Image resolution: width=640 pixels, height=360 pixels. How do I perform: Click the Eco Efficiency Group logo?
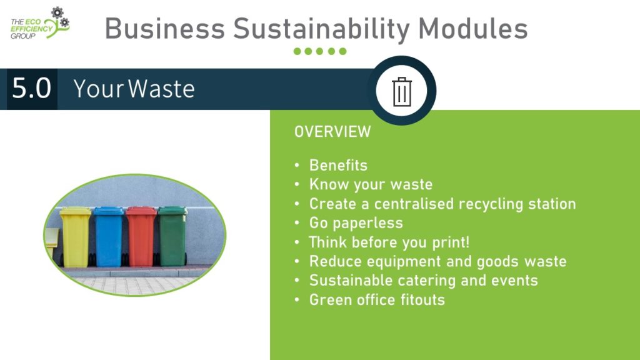40,23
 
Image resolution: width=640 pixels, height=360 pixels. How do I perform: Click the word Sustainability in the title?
321,29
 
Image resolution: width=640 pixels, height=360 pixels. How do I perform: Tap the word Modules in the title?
472,28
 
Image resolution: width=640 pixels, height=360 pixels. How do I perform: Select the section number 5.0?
31,88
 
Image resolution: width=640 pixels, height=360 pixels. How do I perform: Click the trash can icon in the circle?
402,91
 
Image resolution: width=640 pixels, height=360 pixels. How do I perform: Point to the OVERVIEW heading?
332,132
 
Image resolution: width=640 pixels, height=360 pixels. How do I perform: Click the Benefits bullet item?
338,165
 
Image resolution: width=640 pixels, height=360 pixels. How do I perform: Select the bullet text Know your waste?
371,184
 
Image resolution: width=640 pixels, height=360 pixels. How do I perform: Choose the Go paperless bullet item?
356,223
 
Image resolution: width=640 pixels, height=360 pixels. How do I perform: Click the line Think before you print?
389,242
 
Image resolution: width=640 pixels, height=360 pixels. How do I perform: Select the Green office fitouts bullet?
377,299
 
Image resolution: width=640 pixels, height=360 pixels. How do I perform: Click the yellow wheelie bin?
75,237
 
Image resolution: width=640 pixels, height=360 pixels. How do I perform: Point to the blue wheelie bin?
108,237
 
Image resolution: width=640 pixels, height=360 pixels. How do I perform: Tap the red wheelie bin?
141,237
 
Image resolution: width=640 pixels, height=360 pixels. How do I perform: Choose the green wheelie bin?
172,236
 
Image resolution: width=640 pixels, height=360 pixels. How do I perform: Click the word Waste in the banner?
162,89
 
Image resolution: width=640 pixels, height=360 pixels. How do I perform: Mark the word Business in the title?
165,29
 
